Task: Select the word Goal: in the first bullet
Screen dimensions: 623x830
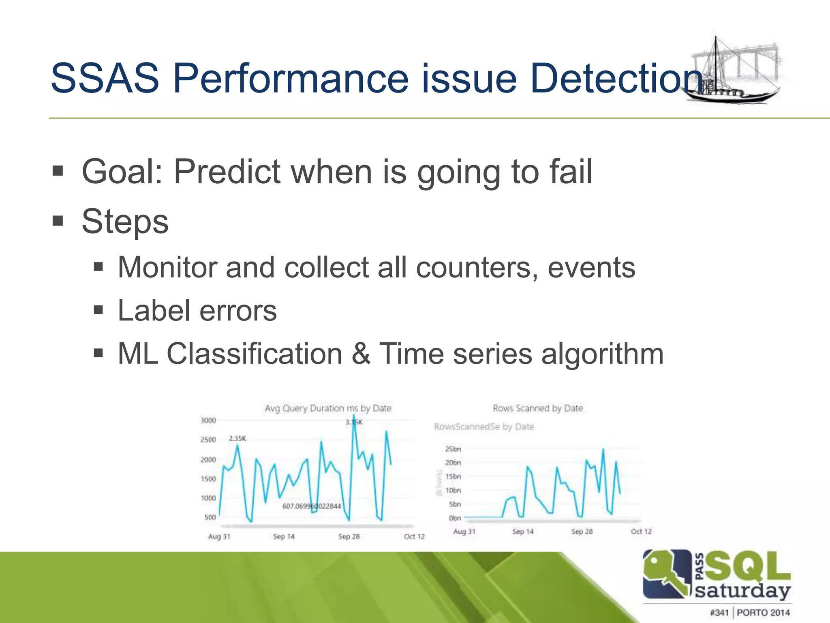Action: point(122,172)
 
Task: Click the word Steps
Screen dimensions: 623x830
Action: point(125,222)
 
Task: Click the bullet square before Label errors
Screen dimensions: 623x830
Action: point(98,311)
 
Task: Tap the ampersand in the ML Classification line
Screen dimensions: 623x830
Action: point(361,354)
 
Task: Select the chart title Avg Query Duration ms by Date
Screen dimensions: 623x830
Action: point(328,408)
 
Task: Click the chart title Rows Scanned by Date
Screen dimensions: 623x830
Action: point(537,408)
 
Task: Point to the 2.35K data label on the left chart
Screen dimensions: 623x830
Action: point(237,438)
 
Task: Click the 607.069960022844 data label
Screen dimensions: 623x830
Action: point(311,506)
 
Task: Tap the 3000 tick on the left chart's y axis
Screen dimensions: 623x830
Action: point(208,421)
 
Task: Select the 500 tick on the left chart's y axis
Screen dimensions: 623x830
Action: point(210,518)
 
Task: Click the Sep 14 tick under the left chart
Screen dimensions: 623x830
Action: point(284,537)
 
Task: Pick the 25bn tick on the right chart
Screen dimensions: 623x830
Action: point(453,449)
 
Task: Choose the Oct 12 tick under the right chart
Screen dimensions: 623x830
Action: point(641,531)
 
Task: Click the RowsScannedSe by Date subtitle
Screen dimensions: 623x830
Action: point(484,427)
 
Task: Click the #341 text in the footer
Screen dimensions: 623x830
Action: point(719,612)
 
